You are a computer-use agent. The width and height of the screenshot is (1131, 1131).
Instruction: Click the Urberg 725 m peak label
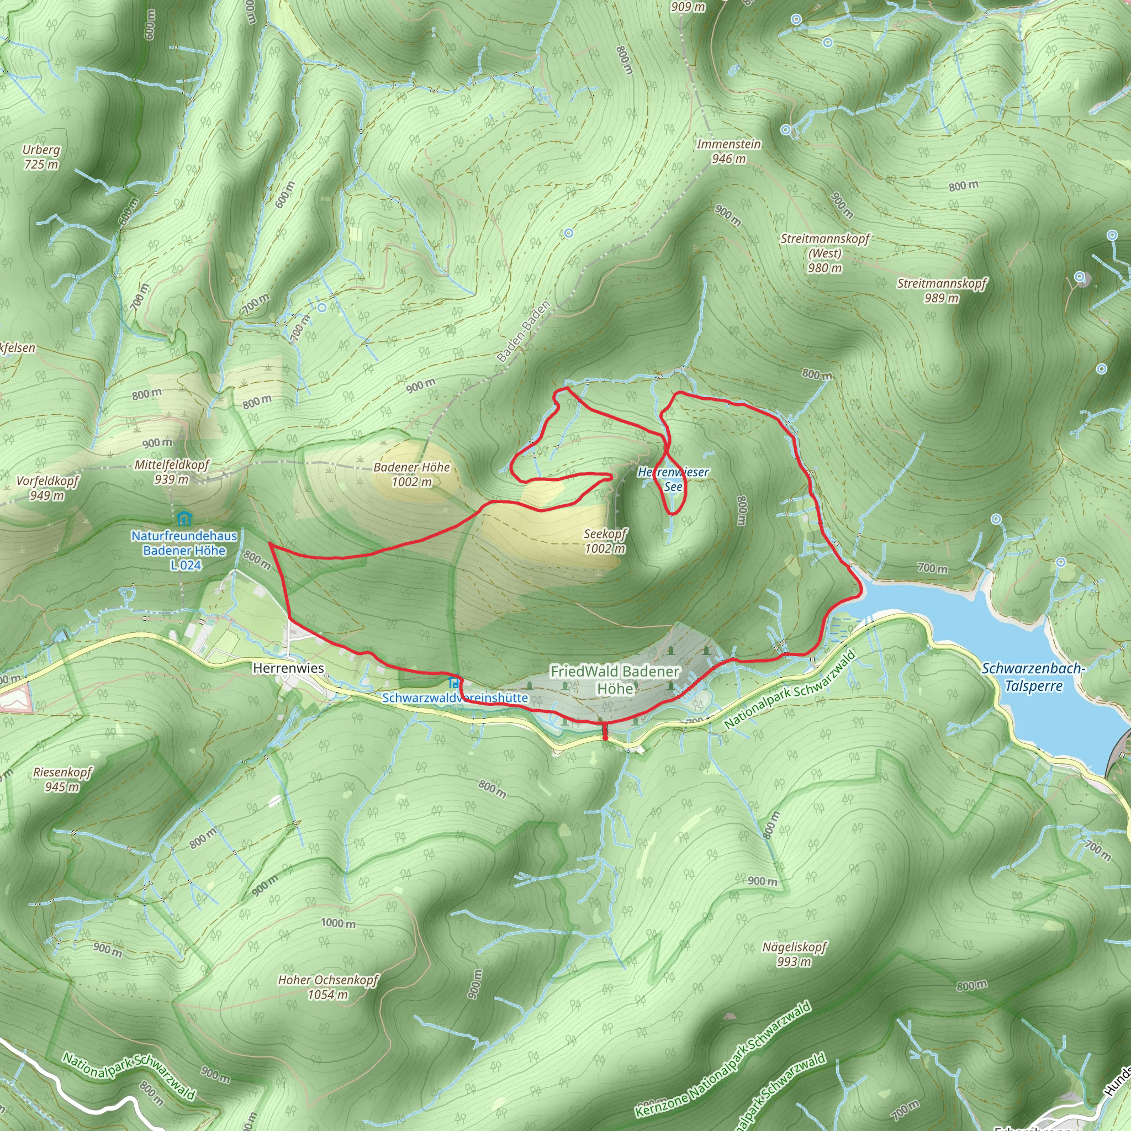point(41,157)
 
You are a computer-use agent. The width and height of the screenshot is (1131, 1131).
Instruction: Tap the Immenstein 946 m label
point(728,151)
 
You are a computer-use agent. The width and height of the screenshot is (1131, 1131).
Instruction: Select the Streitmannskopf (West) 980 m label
point(825,253)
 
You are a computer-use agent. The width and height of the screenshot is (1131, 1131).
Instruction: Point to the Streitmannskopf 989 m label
point(942,290)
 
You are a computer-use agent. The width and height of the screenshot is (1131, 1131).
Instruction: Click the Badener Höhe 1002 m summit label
point(411,474)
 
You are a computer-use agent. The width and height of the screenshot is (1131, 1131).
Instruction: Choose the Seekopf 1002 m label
point(605,541)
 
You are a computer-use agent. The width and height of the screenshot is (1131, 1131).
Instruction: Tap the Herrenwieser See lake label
point(673,479)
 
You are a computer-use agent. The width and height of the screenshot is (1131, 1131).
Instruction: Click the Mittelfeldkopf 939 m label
point(172,472)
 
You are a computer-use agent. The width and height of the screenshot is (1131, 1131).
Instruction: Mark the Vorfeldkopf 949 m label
point(47,488)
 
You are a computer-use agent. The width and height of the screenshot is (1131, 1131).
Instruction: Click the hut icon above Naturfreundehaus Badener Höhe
point(184,518)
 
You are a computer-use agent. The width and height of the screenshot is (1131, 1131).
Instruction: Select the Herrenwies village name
point(288,668)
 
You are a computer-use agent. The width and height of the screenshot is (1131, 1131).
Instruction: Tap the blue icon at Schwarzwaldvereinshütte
point(454,682)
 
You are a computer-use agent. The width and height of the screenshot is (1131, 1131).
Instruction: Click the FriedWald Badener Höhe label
point(615,680)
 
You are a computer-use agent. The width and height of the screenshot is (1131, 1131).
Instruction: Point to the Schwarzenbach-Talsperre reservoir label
point(1033,677)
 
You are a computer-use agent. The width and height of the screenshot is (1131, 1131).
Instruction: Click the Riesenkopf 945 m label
point(62,779)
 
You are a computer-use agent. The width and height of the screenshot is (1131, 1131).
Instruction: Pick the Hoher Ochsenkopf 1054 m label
point(328,987)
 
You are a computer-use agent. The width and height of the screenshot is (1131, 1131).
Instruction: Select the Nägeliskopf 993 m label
point(794,954)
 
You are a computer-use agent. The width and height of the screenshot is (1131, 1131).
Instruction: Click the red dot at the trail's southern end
point(605,738)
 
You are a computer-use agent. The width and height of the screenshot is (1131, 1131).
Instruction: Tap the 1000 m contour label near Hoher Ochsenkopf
point(338,923)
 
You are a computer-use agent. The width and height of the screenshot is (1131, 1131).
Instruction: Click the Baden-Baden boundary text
point(524,331)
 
